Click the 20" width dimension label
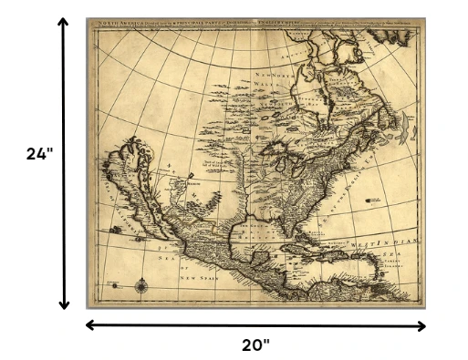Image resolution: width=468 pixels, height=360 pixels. (x=255, y=345)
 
